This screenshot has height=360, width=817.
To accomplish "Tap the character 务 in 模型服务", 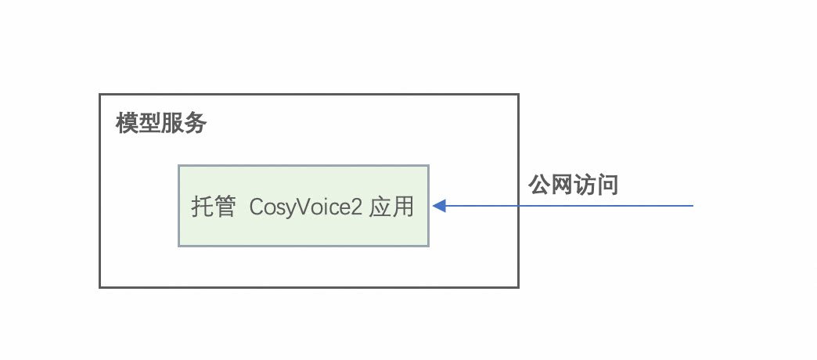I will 196,124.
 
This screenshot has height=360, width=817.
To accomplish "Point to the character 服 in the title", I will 173,124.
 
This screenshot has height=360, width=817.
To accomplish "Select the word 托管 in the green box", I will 214,207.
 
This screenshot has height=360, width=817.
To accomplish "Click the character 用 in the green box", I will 403,207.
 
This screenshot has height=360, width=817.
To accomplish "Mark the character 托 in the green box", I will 203,207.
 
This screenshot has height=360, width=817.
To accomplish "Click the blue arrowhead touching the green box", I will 439,206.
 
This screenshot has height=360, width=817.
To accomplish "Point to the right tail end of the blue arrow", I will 693,206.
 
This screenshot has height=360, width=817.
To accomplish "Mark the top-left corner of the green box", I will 179,166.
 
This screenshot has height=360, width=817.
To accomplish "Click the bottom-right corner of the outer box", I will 518,286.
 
